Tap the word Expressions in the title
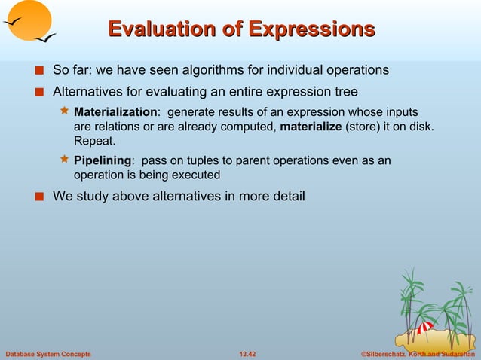coord(312,29)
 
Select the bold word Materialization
coord(115,112)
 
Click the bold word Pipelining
coord(102,160)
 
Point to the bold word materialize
coord(311,127)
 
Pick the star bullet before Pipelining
coord(64,160)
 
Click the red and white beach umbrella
coord(425,328)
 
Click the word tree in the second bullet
coord(345,93)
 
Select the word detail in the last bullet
coord(286,197)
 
